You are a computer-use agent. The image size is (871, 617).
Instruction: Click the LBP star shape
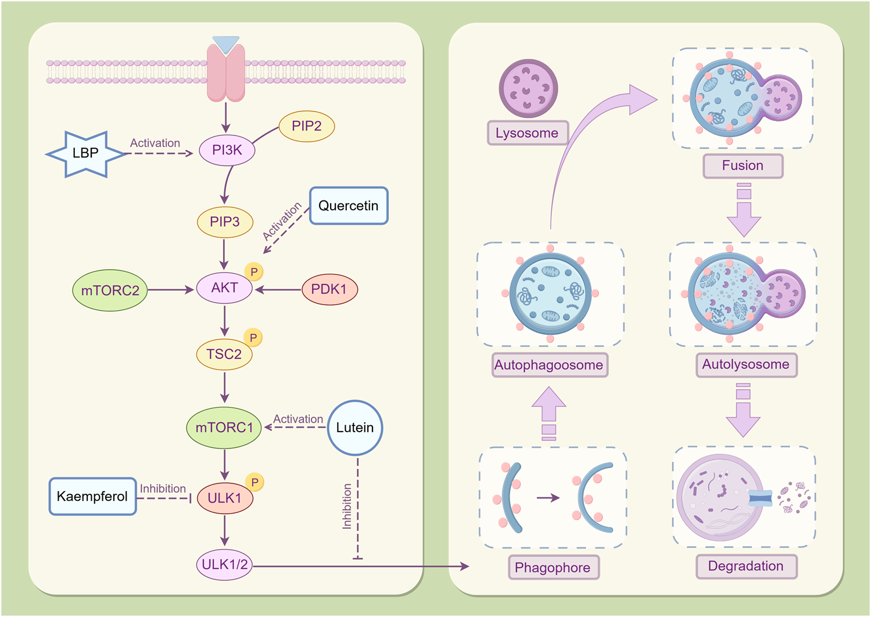[85, 153]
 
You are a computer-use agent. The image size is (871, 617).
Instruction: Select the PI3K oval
[227, 150]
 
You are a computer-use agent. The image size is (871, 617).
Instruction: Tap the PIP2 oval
[306, 126]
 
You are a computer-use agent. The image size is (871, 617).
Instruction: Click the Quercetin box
[348, 206]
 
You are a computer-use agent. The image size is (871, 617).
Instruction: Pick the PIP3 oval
[225, 222]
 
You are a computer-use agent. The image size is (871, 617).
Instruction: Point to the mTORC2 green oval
[110, 290]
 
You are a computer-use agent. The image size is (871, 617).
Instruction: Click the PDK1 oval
[329, 289]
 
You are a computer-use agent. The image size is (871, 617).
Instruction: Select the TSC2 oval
[224, 354]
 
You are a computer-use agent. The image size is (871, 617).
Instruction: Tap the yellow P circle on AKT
[254, 272]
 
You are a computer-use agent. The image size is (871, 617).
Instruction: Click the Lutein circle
[355, 428]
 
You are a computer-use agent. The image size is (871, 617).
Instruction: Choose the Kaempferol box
[92, 496]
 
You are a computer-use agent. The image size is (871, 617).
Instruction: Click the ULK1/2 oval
[224, 565]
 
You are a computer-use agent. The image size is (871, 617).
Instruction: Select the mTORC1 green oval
[224, 428]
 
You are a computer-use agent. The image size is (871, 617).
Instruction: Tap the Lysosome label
[527, 133]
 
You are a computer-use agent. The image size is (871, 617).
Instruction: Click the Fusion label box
[743, 166]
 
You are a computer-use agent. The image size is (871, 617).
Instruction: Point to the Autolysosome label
[745, 365]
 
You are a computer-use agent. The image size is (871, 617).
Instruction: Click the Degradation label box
[745, 566]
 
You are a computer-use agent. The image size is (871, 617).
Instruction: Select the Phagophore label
[553, 568]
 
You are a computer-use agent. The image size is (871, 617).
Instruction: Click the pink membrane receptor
[226, 73]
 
